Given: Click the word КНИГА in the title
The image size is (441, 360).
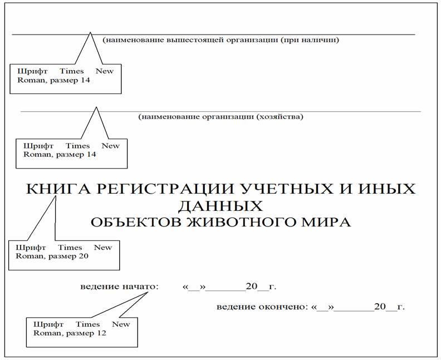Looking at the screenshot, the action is click(59, 189).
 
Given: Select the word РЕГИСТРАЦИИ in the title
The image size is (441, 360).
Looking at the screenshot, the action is click(166, 189).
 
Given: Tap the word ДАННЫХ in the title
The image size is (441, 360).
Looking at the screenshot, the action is click(220, 206).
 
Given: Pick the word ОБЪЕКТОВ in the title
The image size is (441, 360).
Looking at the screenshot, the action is click(136, 223).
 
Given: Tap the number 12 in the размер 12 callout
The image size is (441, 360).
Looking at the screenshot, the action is click(101, 333).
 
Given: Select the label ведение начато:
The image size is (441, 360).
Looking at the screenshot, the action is click(120, 287).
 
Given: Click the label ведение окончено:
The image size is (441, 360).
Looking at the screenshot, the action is click(262, 307).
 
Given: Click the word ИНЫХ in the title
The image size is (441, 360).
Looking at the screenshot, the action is click(386, 189).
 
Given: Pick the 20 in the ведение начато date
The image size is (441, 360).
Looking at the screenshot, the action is click(252, 287).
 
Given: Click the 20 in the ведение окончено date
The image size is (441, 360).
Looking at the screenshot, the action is click(380, 307).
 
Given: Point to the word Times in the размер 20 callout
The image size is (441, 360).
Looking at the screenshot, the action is click(70, 247).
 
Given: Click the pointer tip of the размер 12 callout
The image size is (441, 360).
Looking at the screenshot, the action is click(148, 292).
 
